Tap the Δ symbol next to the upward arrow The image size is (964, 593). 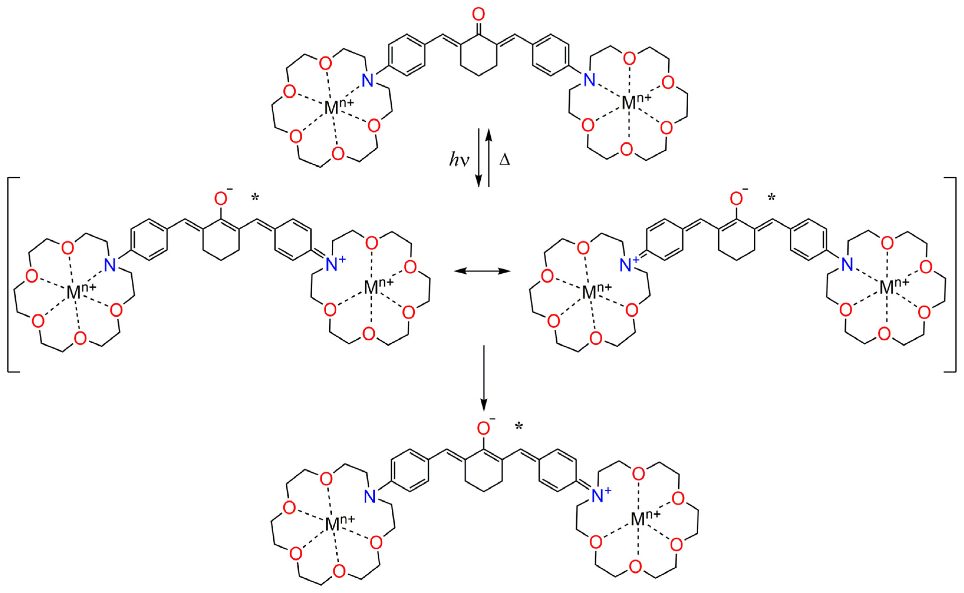click(x=505, y=160)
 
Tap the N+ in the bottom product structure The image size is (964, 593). click(x=600, y=496)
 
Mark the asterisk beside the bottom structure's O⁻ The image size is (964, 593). click(x=519, y=427)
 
